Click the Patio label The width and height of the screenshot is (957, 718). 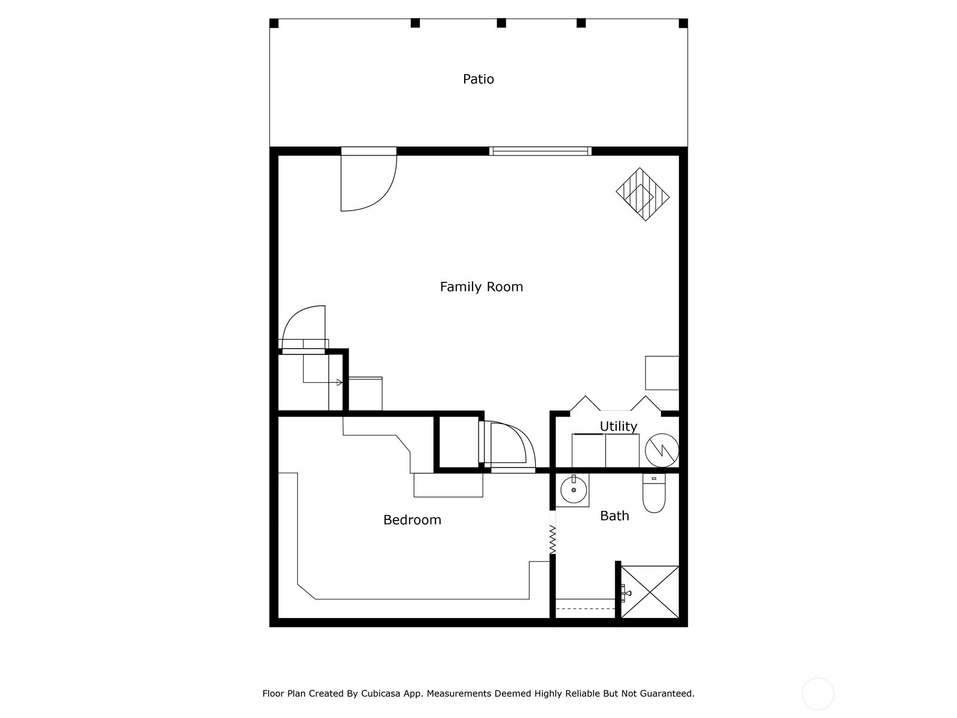(x=478, y=79)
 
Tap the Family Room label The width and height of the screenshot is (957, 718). (x=481, y=287)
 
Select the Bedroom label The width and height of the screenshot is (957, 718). (x=412, y=520)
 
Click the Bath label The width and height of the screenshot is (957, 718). (x=614, y=516)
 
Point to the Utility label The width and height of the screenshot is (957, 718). (x=618, y=426)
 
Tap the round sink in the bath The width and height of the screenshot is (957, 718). (x=574, y=490)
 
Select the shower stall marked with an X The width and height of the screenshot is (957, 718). (x=650, y=592)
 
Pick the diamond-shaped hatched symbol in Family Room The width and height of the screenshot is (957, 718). (x=642, y=194)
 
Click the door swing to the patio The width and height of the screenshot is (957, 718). (x=366, y=182)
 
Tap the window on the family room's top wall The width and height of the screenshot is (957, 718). (x=540, y=151)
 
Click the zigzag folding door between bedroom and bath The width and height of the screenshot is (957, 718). (x=552, y=539)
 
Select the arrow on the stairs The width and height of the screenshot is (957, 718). (x=339, y=382)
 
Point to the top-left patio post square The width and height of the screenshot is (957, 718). (x=274, y=23)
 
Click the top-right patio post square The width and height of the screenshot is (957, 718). (x=683, y=23)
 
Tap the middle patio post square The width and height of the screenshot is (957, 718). (x=501, y=23)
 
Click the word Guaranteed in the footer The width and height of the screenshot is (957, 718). (x=666, y=693)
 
